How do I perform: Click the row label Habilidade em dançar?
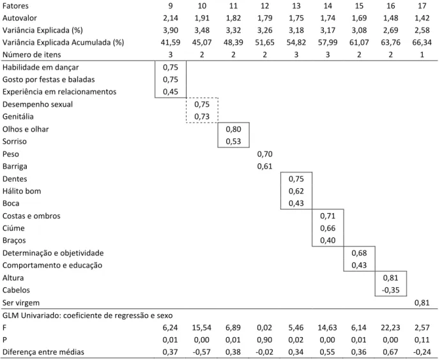pyautogui.click(x=41, y=67)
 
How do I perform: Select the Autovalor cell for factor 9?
pyautogui.click(x=171, y=18)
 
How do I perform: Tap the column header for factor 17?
pyautogui.click(x=422, y=6)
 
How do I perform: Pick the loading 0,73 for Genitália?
pyautogui.click(x=202, y=117)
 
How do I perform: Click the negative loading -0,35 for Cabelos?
pyautogui.click(x=390, y=290)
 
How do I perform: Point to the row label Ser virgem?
pyautogui.click(x=21, y=303)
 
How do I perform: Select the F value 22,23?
pyautogui.click(x=390, y=327)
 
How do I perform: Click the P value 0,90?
pyautogui.click(x=264, y=340)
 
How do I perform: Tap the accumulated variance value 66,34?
pyautogui.click(x=422, y=43)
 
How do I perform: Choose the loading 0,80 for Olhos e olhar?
pyautogui.click(x=233, y=130)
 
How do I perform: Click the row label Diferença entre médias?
pyautogui.click(x=43, y=352)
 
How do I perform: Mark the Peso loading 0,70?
pyautogui.click(x=264, y=154)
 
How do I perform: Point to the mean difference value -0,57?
pyautogui.click(x=202, y=352)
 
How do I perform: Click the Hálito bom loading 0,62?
pyautogui.click(x=296, y=191)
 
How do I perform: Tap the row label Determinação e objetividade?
pyautogui.click(x=53, y=253)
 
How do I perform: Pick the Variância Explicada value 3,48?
pyautogui.click(x=202, y=30)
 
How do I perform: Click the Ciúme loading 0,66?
pyautogui.click(x=328, y=228)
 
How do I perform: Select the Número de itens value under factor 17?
pyautogui.click(x=422, y=55)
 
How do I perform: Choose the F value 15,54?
pyautogui.click(x=202, y=327)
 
